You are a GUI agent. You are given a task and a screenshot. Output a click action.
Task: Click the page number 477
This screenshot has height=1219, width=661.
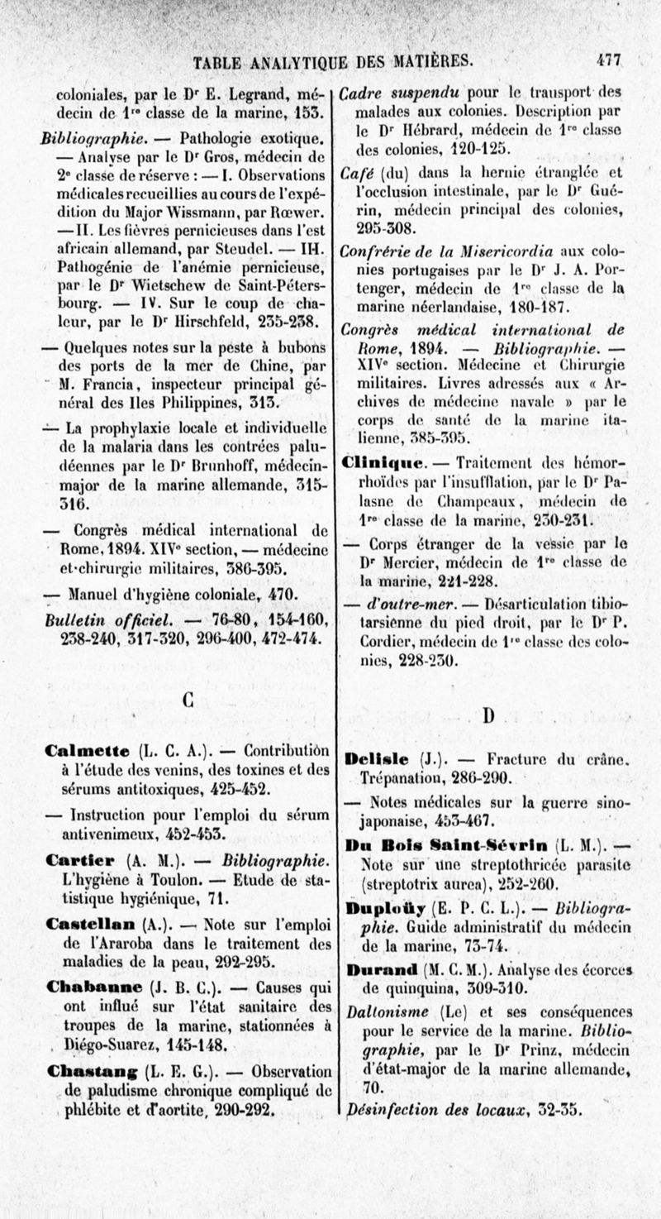[x=611, y=60]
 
